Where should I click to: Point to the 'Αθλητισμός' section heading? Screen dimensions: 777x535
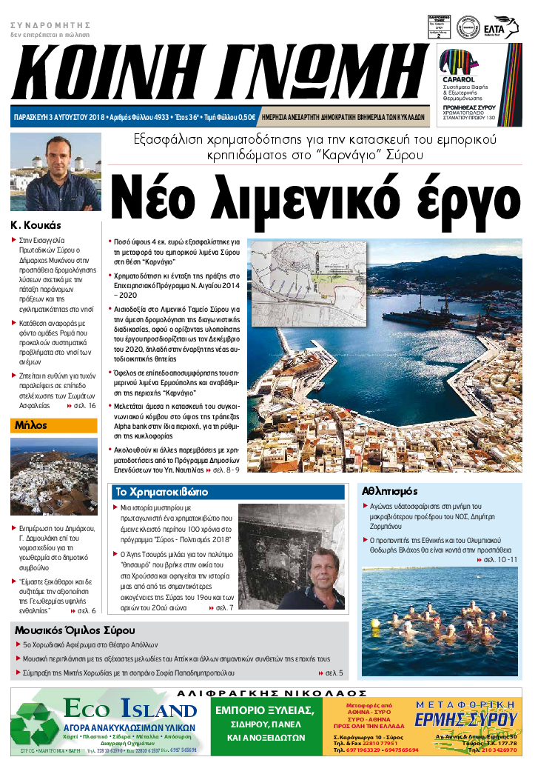point(390,491)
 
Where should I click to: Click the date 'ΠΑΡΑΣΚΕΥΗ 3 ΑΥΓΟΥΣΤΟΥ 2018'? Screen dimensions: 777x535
point(59,117)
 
